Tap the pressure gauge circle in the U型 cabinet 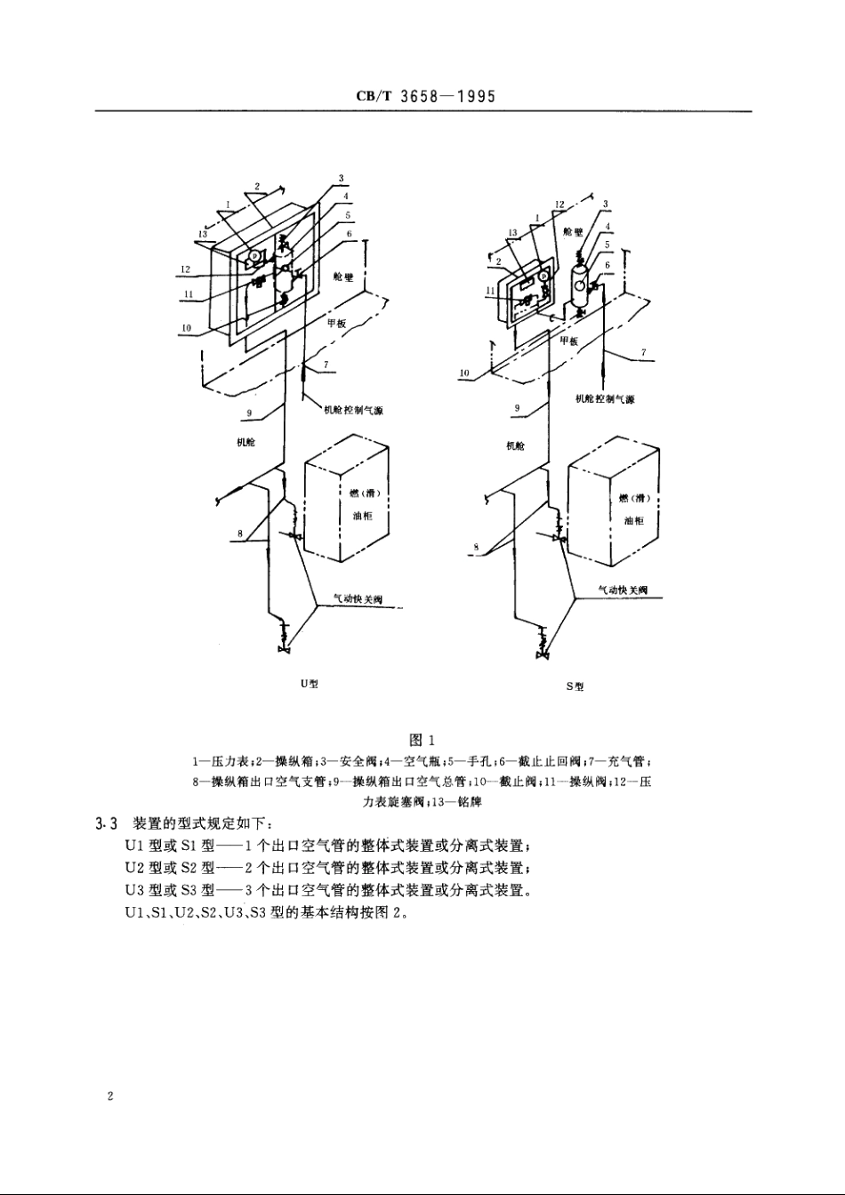(253, 255)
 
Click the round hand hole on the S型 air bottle (579, 285)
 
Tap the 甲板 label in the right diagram (568, 341)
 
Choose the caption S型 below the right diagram (575, 687)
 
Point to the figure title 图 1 (421, 740)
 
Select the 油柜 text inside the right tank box (633, 521)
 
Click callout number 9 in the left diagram (250, 413)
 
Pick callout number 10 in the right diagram (465, 373)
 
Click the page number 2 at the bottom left (109, 1097)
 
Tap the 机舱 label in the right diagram (514, 445)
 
